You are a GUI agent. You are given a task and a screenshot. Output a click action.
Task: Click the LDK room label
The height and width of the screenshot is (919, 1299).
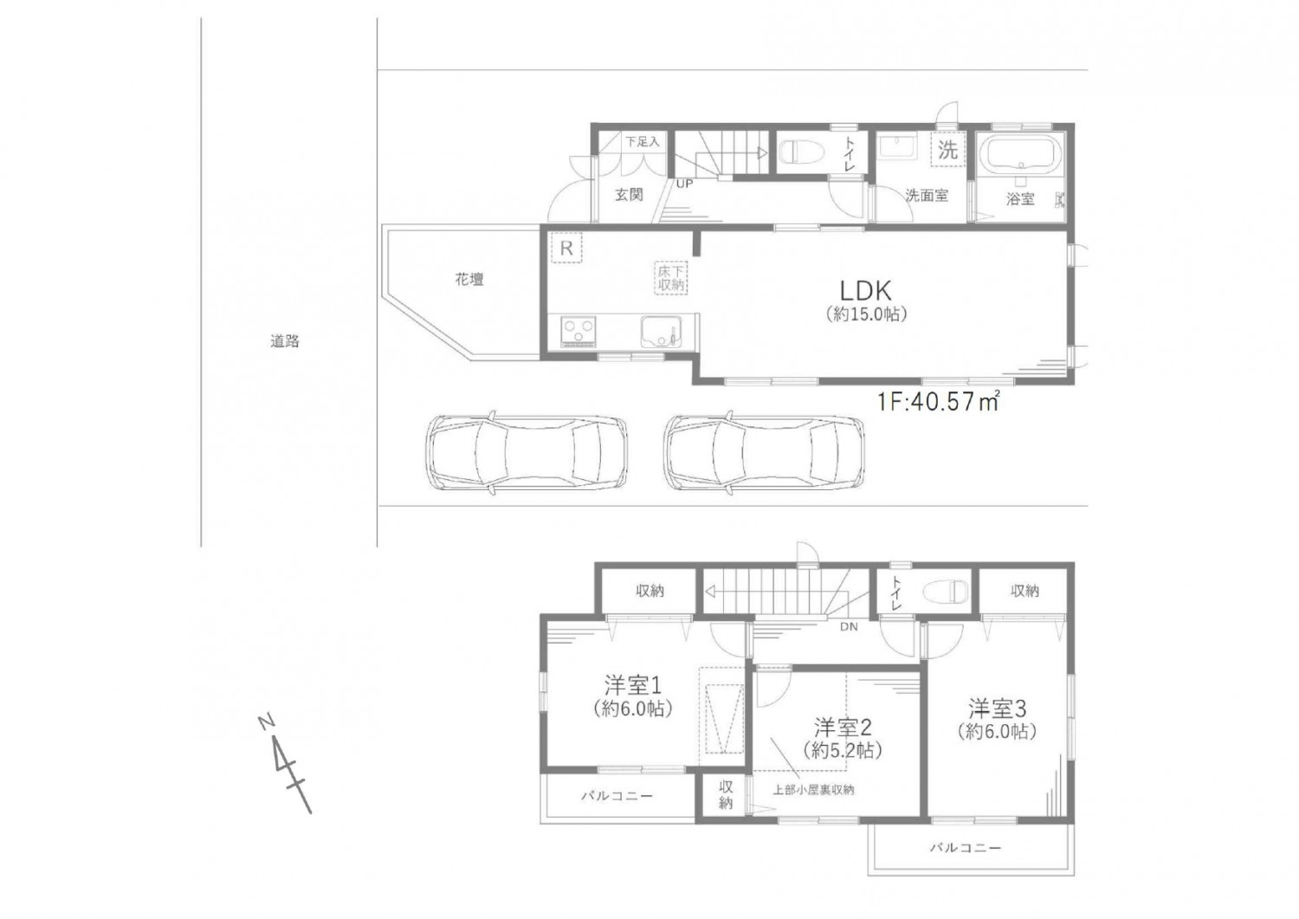coord(866,289)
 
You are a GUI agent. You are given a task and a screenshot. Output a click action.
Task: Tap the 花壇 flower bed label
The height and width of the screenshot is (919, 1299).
coord(469,280)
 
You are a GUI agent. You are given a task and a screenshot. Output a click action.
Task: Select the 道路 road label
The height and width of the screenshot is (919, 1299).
coord(285,341)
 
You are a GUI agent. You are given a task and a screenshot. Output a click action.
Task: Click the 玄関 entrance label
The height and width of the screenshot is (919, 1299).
coord(629,195)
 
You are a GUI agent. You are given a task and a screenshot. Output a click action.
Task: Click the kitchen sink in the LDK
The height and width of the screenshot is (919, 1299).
coord(661,331)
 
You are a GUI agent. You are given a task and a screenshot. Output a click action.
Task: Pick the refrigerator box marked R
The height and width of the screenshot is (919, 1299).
coord(566,249)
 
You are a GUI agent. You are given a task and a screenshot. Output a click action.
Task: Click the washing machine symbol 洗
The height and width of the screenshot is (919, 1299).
coord(947,151)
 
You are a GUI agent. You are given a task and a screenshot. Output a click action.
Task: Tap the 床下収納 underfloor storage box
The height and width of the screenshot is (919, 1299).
coord(671,278)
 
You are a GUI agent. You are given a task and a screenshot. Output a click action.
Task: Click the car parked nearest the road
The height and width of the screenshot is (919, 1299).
coord(527,454)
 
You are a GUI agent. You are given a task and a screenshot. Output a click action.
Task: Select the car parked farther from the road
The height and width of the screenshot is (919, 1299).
coord(765,454)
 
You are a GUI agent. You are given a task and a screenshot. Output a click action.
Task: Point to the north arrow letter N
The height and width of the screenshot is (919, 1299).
coord(267,723)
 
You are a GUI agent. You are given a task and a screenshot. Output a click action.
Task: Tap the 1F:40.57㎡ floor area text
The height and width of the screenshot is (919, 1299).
coord(938,402)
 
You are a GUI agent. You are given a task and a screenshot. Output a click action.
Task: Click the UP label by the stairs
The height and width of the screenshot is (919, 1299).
coord(684,184)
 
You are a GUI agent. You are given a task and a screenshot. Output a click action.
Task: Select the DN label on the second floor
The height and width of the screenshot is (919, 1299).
coord(849,626)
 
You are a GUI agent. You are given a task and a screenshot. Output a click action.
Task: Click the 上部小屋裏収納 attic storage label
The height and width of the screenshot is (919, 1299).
coord(813,790)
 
